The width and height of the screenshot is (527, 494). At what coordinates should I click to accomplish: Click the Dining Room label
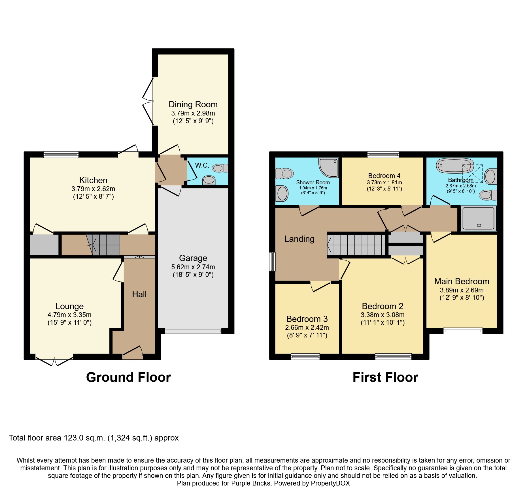click(193, 104)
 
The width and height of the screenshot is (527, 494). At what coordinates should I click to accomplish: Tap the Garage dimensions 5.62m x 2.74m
click(193, 267)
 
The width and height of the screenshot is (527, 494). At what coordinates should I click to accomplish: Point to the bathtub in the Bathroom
click(455, 166)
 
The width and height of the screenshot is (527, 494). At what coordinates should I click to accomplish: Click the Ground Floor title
click(128, 377)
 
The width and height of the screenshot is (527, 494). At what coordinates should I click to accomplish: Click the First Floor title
click(385, 377)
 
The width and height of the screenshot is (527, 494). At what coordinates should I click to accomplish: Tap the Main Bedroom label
click(462, 281)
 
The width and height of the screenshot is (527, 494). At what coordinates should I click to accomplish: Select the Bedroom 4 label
click(384, 176)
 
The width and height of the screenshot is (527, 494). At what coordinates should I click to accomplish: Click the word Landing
click(299, 239)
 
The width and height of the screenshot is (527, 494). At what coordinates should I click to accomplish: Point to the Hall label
click(139, 294)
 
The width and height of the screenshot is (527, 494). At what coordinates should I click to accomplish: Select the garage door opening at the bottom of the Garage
click(193, 331)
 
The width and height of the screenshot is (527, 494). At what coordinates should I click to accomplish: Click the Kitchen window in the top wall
click(61, 155)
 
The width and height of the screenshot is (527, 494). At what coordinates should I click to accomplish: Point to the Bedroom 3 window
click(305, 357)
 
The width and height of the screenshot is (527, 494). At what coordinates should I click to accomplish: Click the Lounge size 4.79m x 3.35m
click(69, 315)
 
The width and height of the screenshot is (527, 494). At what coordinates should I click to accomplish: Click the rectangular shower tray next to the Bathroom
click(478, 218)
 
